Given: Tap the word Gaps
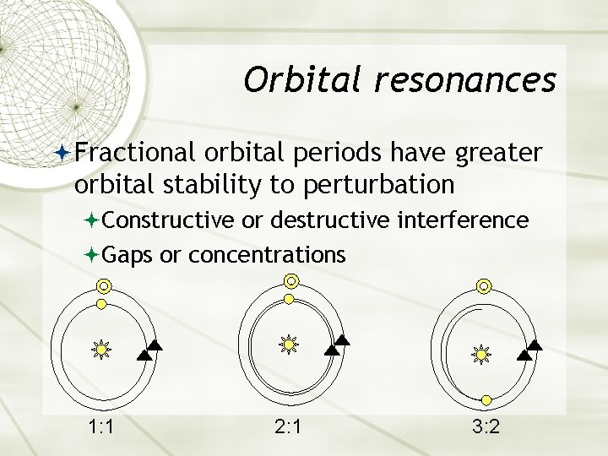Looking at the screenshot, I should click(x=129, y=253).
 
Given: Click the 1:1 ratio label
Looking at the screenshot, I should click(x=102, y=426).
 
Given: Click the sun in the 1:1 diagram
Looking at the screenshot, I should click(x=101, y=348).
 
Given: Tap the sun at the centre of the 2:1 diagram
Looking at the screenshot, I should click(x=290, y=345).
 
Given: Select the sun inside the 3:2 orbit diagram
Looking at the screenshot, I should click(x=481, y=355).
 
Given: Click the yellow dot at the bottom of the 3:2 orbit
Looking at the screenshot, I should click(x=487, y=398).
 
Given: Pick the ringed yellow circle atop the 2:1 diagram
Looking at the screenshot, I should click(x=290, y=281).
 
